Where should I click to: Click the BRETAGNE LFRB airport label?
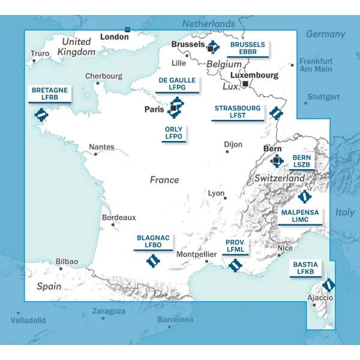[x=50, y=94]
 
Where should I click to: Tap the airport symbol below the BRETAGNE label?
[x=41, y=114]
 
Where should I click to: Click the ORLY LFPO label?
[x=174, y=133]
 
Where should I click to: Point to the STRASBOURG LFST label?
[x=238, y=112]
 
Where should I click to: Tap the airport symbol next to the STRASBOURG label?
[x=275, y=112]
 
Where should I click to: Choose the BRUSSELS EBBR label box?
[x=247, y=49]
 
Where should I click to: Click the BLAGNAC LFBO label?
[x=153, y=242]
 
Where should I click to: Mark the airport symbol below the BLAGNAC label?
[x=154, y=261]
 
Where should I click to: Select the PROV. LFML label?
[x=235, y=246]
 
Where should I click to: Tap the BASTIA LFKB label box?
[x=305, y=268]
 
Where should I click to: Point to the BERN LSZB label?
[x=301, y=161]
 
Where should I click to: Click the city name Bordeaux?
[x=119, y=217]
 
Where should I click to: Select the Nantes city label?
[x=101, y=146]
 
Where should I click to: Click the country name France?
[x=164, y=179]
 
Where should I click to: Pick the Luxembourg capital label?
[x=254, y=76]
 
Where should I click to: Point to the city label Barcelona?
[x=175, y=320]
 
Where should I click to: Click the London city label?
[x=114, y=37]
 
